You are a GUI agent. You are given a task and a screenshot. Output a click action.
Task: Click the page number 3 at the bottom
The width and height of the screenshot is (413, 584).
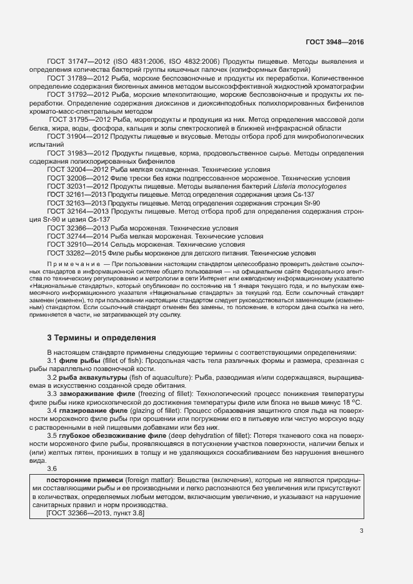361,532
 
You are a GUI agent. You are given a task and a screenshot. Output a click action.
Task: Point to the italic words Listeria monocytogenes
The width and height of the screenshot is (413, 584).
310,187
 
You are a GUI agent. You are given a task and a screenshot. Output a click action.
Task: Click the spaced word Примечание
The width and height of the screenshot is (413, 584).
75,265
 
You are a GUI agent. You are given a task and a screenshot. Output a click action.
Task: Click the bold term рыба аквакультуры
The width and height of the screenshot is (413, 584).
92,379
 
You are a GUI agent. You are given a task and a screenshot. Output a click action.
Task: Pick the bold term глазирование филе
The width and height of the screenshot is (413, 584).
94,411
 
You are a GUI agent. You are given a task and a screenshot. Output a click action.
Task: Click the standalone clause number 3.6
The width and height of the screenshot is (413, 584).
52,468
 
